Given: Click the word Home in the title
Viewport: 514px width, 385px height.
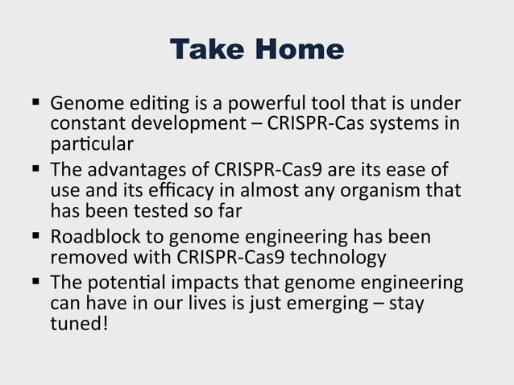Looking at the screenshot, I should [299, 50].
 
